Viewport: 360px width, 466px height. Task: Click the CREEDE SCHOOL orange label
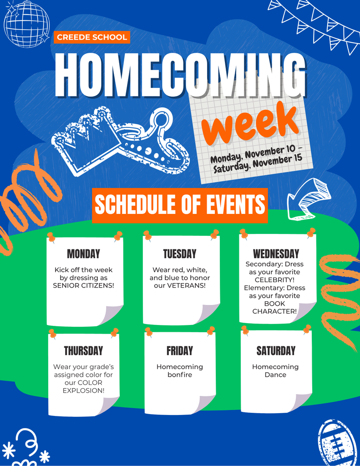92,37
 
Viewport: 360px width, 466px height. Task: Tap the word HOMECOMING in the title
180,76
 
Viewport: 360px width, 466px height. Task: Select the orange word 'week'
249,123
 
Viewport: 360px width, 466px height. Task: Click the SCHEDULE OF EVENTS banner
180,204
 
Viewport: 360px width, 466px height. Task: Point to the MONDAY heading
83,254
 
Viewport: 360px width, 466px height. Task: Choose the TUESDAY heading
180,254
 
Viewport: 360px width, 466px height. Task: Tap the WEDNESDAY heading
276,254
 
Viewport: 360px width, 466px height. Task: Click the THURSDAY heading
83,351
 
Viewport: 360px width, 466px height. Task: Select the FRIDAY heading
180,351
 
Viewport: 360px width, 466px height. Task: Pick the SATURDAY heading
276,351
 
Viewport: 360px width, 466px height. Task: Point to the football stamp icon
337,443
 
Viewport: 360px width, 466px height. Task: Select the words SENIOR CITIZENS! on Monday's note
83,285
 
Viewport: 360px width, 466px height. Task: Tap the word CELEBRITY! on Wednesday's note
274,280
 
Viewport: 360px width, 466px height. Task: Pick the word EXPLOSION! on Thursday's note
83,390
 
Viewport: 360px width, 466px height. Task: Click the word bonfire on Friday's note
180,375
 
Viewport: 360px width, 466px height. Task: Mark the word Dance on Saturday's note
275,375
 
